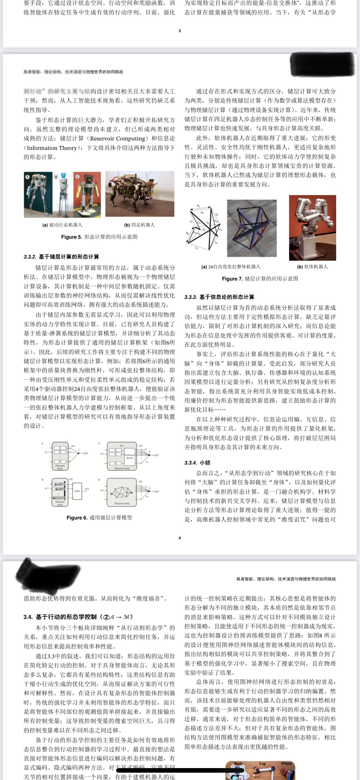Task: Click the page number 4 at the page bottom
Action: pyautogui.click(x=180, y=538)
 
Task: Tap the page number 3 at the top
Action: pyautogui.click(x=180, y=31)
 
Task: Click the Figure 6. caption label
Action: pyautogui.click(x=77, y=518)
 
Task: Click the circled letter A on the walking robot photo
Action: pyautogui.click(x=27, y=176)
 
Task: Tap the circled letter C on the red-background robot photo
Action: pyautogui.click(x=77, y=176)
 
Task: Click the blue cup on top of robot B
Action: pyautogui.click(x=64, y=176)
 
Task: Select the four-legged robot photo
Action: pyautogui.click(x=140, y=194)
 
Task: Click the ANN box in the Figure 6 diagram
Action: pyautogui.click(x=77, y=491)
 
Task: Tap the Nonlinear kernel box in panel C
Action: pyautogui.click(x=130, y=456)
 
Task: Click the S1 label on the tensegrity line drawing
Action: pyautogui.click(x=198, y=206)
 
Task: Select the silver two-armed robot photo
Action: pyautogui.click(x=312, y=228)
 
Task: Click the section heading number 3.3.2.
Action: pyautogui.click(x=30, y=257)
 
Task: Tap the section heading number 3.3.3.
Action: pyautogui.click(x=191, y=297)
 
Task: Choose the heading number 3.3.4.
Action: pyautogui.click(x=191, y=463)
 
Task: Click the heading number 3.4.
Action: pyautogui.click(x=28, y=617)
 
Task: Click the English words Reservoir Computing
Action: pyautogui.click(x=118, y=139)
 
